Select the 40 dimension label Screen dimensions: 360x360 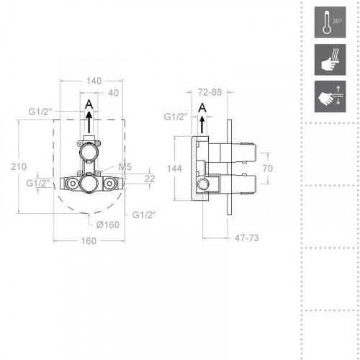(x=112, y=93)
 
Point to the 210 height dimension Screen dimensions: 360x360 (x=10, y=166)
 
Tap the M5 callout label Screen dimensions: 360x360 (x=123, y=167)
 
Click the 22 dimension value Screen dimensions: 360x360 (x=149, y=178)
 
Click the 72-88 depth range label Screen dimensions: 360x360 (x=209, y=93)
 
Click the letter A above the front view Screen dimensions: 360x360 (x=88, y=105)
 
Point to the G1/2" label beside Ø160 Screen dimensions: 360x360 (x=144, y=215)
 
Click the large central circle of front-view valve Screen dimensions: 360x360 (x=90, y=186)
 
